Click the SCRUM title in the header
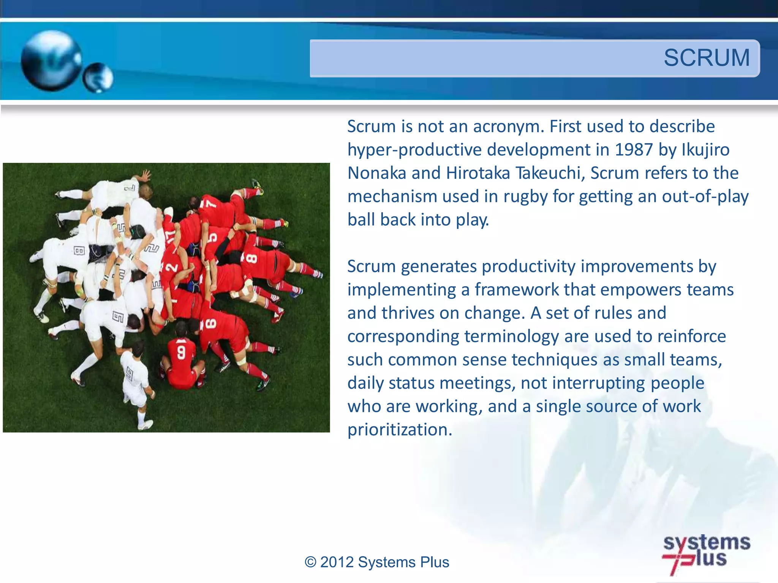point(706,58)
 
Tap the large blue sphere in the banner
point(51,61)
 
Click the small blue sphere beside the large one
point(98,78)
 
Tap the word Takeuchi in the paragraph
point(550,173)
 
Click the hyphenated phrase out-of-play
point(705,197)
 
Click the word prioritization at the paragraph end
point(400,430)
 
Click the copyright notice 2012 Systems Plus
point(377,562)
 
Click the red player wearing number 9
point(182,359)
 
